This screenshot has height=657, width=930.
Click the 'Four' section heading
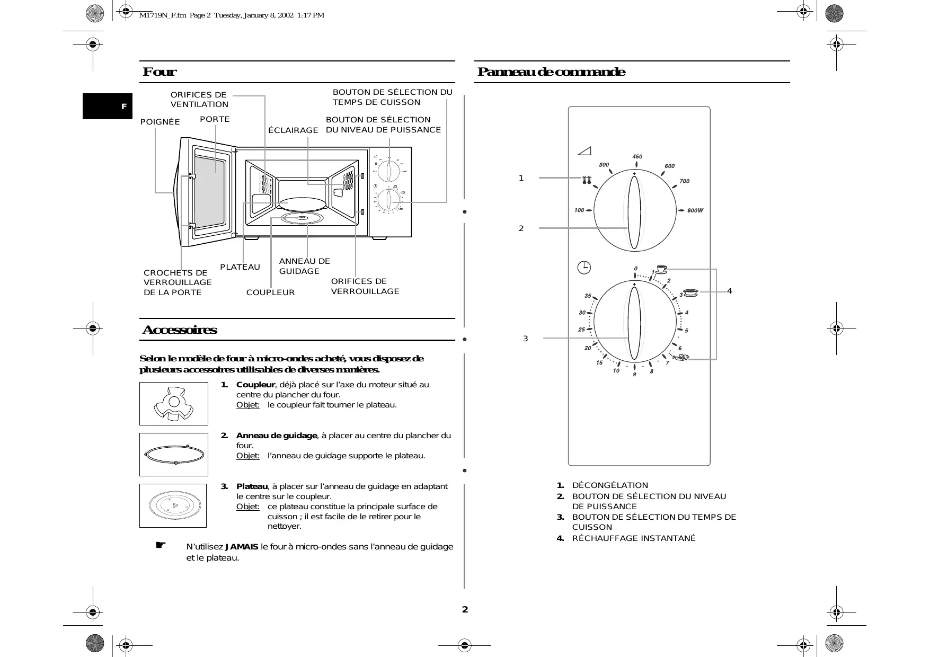click(160, 72)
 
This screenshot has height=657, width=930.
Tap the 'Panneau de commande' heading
click(551, 72)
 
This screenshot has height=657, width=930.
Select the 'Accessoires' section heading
click(180, 330)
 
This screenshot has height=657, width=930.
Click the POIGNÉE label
click(160, 122)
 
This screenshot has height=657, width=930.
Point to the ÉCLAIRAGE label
click(293, 130)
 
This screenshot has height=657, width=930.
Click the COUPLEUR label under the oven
click(270, 292)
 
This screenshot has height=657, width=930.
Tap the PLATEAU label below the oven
click(240, 267)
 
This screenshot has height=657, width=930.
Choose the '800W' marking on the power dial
click(695, 210)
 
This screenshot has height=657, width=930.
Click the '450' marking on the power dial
click(637, 156)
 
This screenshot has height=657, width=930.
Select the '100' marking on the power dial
click(579, 210)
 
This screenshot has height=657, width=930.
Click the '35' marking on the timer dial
click(588, 296)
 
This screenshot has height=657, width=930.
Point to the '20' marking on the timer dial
click(588, 348)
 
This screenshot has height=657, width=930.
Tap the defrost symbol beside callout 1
click(586, 180)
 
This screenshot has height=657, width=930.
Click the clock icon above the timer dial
click(583, 268)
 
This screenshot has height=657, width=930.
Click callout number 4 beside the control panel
click(729, 291)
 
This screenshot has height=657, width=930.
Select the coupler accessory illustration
click(174, 404)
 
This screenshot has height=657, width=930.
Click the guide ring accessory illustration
click(174, 455)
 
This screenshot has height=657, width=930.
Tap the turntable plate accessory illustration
click(173, 505)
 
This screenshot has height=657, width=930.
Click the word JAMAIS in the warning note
click(242, 547)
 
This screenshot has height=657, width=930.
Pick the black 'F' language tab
click(108, 106)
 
